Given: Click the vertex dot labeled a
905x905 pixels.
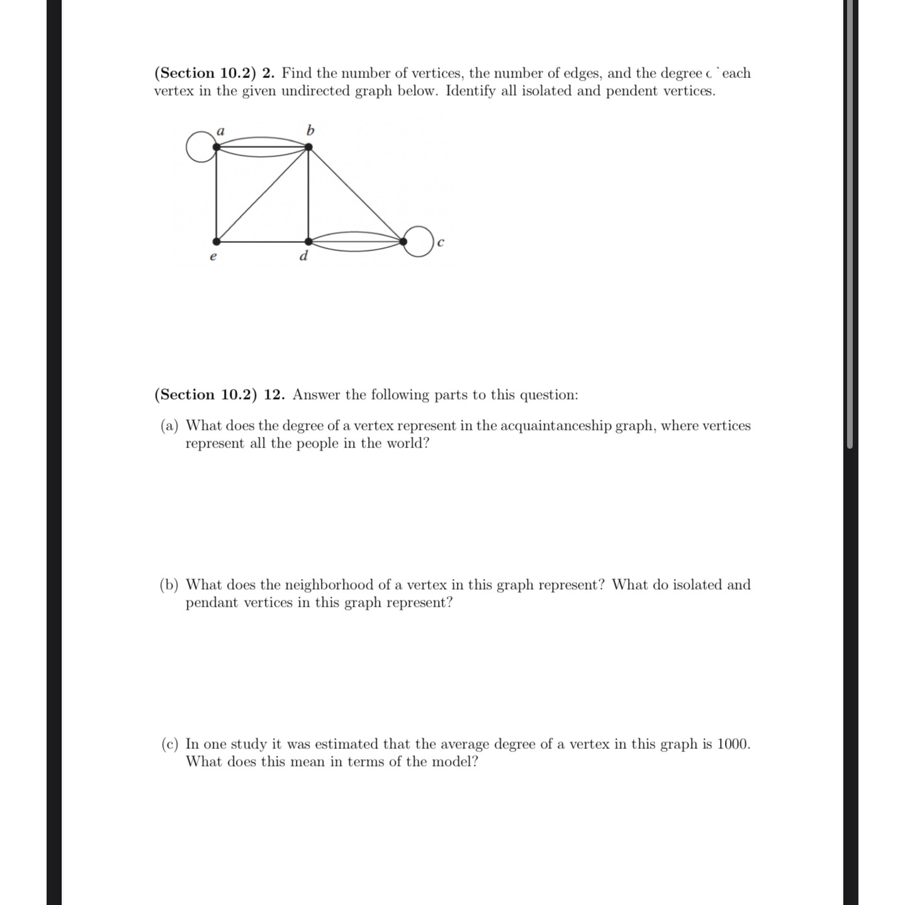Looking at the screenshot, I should pos(216,147).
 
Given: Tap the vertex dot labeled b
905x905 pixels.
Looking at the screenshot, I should pos(308,147).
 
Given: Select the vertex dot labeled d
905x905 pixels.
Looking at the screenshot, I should pos(308,241).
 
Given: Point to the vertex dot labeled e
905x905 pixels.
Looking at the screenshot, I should pos(216,241).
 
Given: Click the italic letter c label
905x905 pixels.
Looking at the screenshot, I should pos(441,242).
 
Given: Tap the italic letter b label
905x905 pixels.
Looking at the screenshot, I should pos(310,130).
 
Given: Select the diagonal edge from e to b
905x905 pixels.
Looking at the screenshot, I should pos(262,194).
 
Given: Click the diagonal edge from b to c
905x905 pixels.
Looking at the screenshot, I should pos(356,194).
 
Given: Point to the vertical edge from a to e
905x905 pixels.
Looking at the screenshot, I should pos(216,194).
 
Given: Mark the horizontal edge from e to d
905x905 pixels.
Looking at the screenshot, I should pos(262,241).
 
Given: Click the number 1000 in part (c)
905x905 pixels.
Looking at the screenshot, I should pos(733,744).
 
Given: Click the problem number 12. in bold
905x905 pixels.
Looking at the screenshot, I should pos(274,395).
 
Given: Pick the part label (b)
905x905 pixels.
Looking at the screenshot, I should pos(169,585).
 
